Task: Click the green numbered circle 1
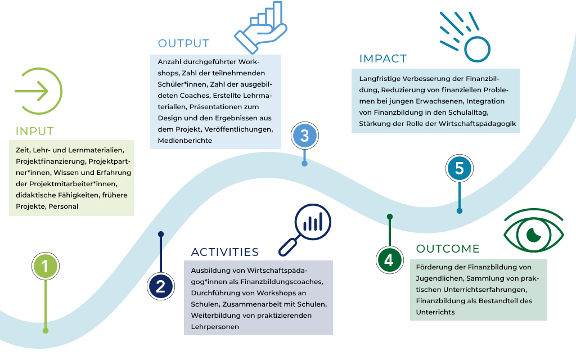46,265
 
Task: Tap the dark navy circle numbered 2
161,287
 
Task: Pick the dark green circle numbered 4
389,259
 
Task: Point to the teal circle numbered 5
460,168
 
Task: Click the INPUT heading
35,132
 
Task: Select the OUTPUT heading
183,44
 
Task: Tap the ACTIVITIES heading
224,252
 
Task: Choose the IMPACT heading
382,59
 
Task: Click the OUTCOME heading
448,249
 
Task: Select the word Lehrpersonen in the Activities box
215,326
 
